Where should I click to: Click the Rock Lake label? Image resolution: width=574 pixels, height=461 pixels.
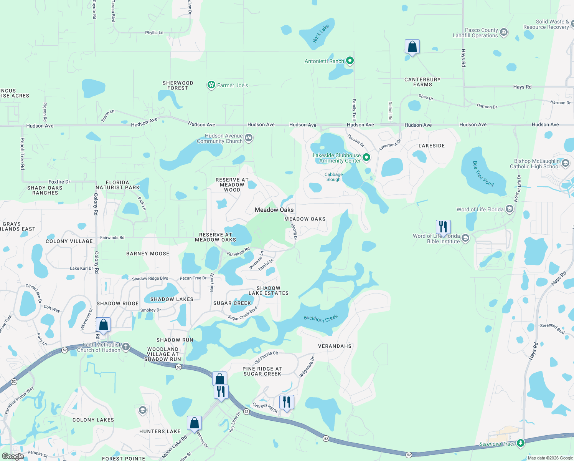(x=320, y=33)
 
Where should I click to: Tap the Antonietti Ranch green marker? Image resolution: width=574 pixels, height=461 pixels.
(x=350, y=61)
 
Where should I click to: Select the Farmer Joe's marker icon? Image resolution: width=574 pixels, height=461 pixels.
(x=211, y=85)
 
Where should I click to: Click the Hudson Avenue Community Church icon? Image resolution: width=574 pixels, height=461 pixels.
(x=249, y=138)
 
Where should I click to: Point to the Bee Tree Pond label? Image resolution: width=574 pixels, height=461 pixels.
(x=483, y=174)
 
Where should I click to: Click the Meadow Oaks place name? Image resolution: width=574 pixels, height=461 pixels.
(x=274, y=210)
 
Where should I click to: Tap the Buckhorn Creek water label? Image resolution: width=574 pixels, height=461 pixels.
(x=320, y=318)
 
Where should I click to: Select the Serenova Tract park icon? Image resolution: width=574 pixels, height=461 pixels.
(x=520, y=443)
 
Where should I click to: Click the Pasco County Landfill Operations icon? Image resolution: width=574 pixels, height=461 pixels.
(x=504, y=32)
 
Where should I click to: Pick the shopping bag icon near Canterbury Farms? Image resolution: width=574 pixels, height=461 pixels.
(x=412, y=47)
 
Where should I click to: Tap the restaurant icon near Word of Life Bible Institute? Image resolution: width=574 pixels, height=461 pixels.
(x=443, y=227)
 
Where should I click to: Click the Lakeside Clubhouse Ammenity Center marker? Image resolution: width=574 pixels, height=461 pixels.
(x=366, y=158)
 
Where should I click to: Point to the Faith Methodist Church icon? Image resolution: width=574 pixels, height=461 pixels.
(x=125, y=347)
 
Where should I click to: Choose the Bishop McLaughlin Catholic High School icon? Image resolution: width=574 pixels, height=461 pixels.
(x=565, y=164)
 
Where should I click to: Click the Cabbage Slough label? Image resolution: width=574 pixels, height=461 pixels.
(x=333, y=177)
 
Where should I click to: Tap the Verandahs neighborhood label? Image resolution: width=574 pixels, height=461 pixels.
(x=335, y=346)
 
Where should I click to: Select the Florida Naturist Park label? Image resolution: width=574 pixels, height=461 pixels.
(x=117, y=185)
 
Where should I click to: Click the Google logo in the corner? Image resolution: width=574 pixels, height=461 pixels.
(x=13, y=456)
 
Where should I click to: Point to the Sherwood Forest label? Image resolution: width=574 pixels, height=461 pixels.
(x=178, y=85)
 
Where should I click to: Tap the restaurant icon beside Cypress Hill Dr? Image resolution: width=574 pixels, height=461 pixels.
(x=287, y=402)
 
